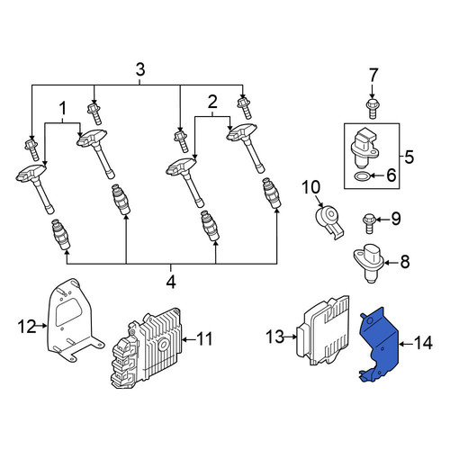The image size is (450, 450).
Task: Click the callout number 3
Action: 140,69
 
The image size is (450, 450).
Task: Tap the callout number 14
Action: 422,343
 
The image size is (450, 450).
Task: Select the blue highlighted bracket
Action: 379,345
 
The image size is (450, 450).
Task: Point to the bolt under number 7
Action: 372,109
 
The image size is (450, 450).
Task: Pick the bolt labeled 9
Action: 369,222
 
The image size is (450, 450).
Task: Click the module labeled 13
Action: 322,330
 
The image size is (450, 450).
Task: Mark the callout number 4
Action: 171,282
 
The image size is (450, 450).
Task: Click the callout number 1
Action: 63,109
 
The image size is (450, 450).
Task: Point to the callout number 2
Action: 212,102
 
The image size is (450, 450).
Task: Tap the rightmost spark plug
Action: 272,193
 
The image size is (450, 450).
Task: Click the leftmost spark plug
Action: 61,234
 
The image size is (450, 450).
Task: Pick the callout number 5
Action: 409,157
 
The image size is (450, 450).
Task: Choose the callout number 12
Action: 27,327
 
